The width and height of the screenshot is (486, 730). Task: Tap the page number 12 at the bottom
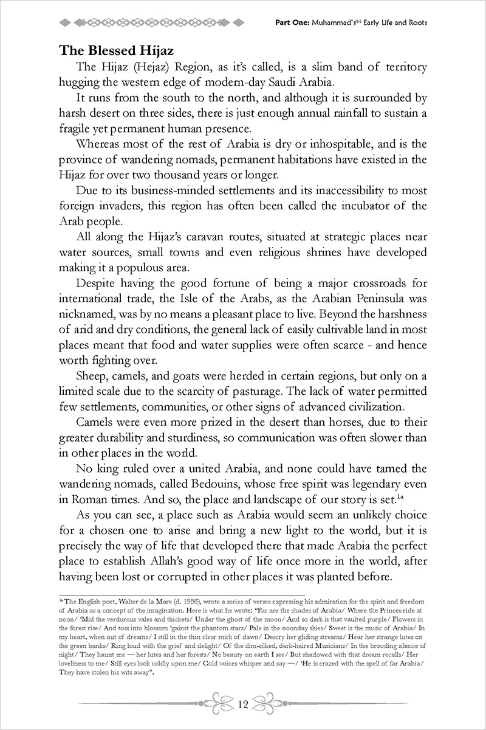click(x=243, y=705)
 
